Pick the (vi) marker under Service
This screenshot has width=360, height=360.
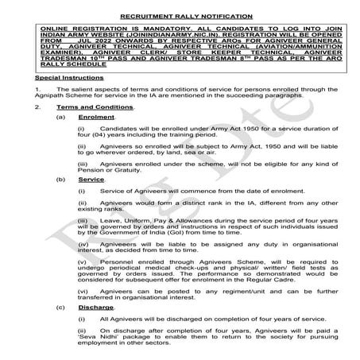coord(82,291)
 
